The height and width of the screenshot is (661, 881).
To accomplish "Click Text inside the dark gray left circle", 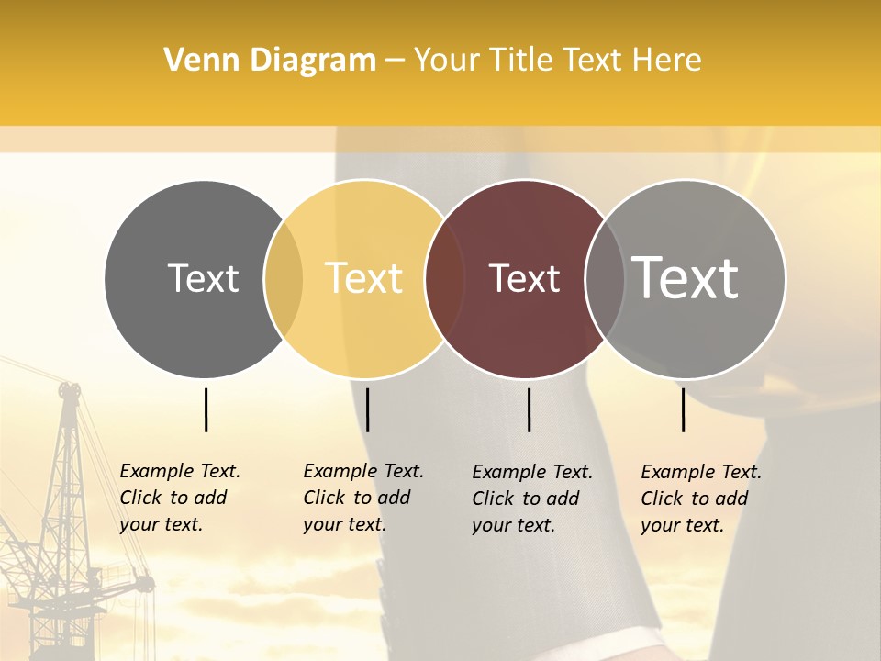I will point(203,278).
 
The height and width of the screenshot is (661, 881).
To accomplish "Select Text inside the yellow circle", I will point(363,278).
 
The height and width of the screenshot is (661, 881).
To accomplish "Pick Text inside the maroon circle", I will point(524,278).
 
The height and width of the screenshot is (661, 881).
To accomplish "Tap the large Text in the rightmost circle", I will point(686,278).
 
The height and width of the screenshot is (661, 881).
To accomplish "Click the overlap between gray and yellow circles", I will point(284,279).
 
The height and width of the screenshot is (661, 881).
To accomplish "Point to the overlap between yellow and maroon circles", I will point(445,279).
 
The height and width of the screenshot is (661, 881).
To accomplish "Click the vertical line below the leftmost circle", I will point(206,409).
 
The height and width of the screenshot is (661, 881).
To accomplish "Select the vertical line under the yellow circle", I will point(367,409).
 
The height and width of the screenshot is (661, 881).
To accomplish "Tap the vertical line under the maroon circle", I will point(529,409).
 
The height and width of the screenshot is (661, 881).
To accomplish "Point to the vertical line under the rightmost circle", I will point(683,409).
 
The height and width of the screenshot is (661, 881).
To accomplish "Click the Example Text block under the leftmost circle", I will point(180,498).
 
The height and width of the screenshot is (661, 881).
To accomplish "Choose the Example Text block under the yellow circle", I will point(363,498).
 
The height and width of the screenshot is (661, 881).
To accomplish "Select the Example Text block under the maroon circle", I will point(532,499).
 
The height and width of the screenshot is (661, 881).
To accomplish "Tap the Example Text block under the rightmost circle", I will point(701,499).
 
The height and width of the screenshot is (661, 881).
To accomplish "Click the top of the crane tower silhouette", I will point(69,389).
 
